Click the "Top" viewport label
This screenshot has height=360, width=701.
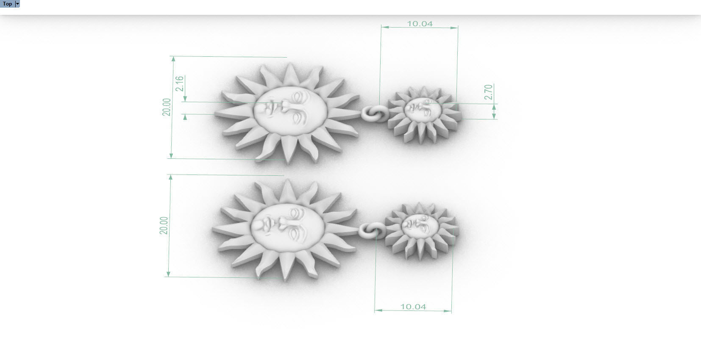tap(8, 4)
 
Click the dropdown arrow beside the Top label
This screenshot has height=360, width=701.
tap(17, 4)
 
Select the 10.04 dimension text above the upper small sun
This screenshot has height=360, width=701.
tap(420, 24)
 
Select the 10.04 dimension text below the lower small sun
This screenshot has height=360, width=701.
tap(413, 307)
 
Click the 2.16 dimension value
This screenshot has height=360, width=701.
tap(180, 83)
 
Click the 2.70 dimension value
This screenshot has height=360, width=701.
tap(488, 92)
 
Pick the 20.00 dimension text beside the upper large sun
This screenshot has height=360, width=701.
tap(167, 107)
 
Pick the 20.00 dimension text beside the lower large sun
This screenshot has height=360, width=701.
tap(164, 225)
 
